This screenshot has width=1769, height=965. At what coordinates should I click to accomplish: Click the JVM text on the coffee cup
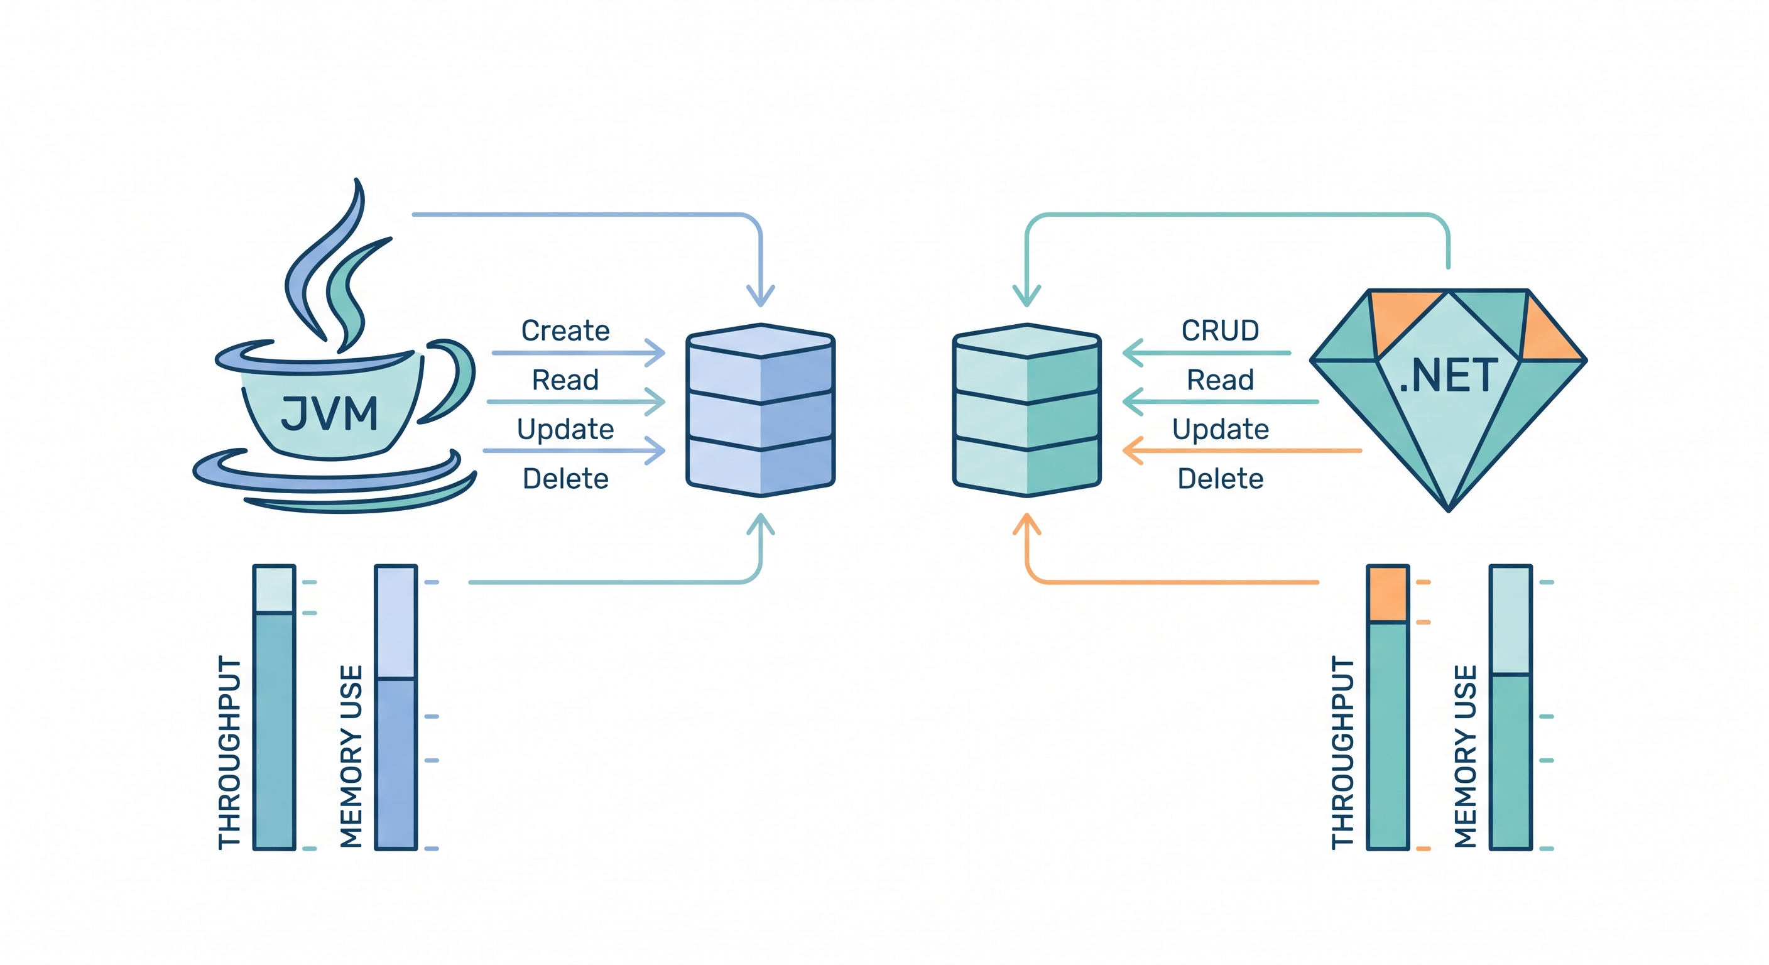pos(330,413)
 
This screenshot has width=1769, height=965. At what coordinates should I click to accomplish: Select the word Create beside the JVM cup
pos(565,331)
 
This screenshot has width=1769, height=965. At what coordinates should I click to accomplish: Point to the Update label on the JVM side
pos(565,429)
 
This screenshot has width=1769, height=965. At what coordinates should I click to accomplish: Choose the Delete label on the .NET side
pos(1221,479)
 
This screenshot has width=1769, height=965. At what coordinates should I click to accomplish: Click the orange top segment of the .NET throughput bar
pos(1388,594)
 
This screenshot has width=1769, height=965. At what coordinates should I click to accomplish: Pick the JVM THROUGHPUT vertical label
pos(229,752)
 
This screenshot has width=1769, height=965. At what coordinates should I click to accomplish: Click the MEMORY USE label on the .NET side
pos(1466,756)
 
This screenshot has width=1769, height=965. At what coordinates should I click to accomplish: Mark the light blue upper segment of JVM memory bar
pos(396,621)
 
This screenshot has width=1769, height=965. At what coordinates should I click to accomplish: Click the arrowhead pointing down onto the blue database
pos(760,297)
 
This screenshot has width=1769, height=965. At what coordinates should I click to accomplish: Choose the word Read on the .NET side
pos(1221,380)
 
